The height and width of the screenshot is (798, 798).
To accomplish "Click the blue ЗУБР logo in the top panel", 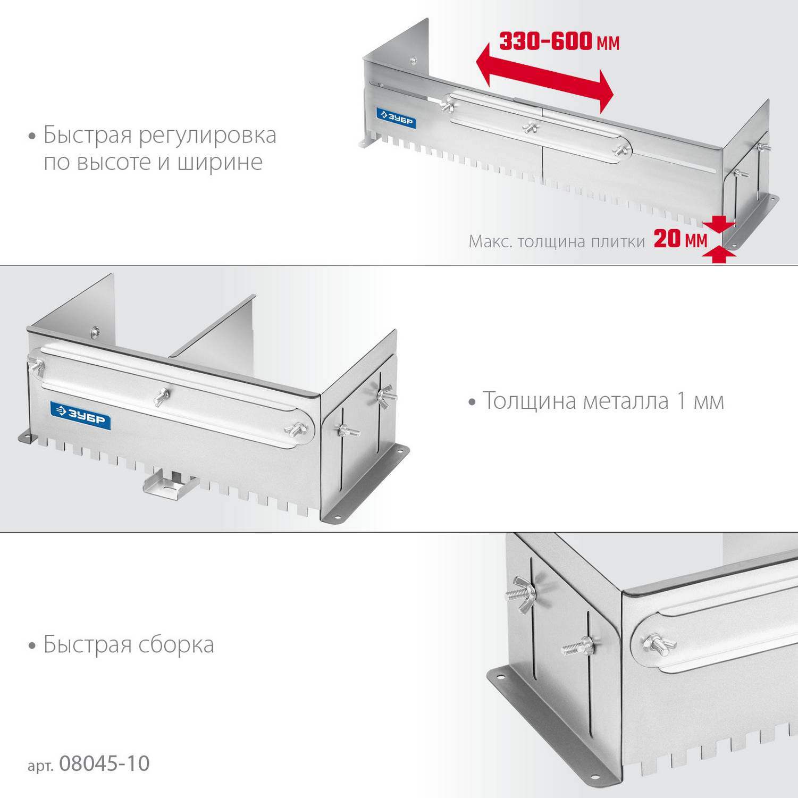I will (x=396, y=119).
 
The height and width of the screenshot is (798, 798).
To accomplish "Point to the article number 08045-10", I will (x=104, y=763).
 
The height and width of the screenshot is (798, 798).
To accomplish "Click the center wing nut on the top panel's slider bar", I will (x=531, y=128).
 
